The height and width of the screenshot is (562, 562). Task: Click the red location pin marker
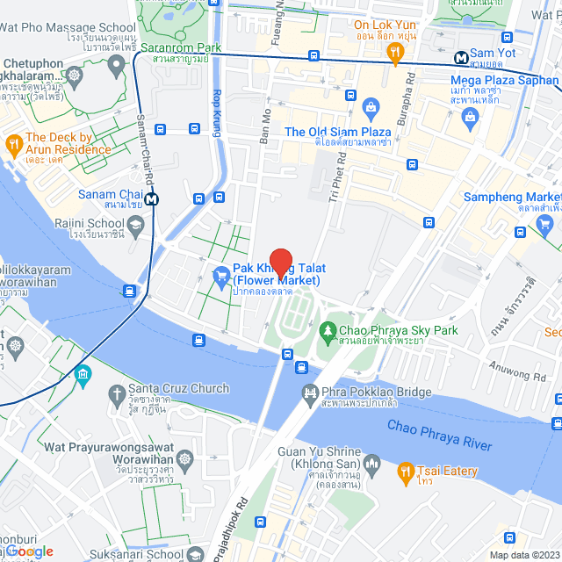(280, 262)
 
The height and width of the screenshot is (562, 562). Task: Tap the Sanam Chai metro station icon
(153, 199)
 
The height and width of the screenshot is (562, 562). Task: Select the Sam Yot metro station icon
(460, 58)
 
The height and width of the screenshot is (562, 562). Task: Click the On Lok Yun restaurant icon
(396, 55)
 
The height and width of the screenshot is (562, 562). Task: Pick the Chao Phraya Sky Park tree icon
(327, 330)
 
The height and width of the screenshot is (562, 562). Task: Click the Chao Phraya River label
(440, 436)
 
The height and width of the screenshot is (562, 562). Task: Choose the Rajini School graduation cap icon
(136, 227)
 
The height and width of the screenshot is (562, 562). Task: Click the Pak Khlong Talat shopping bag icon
(220, 277)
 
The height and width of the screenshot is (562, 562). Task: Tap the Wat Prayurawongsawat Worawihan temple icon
(184, 458)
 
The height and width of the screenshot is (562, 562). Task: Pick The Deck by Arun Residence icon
(12, 143)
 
